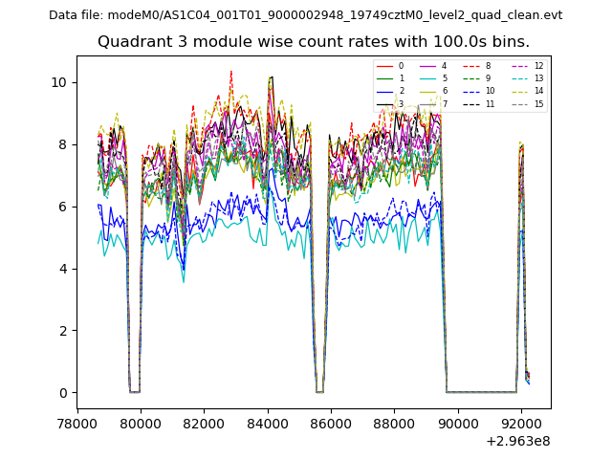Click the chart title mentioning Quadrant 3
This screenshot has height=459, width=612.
[x=313, y=42]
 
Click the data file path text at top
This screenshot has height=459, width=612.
[x=305, y=15]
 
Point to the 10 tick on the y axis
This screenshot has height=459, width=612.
[x=60, y=82]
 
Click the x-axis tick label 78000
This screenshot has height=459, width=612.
[x=77, y=421]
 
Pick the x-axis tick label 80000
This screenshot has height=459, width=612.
[x=141, y=421]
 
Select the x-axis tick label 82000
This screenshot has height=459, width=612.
[x=205, y=421]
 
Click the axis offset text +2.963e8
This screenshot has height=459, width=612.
[x=518, y=441]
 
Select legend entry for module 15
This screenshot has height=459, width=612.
[x=531, y=103]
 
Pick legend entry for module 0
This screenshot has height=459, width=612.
[x=393, y=66]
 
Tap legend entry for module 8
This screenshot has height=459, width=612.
[x=479, y=66]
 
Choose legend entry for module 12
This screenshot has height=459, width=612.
[x=531, y=66]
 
